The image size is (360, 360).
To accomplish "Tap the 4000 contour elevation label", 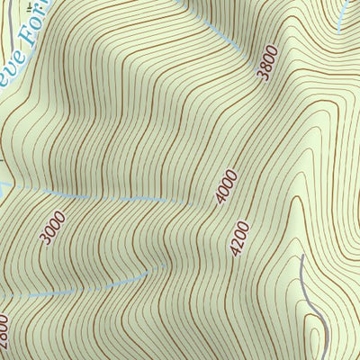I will [227, 187].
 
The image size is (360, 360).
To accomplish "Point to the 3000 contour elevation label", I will [53, 226].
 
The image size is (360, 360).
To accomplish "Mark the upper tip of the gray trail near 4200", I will [301, 256].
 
